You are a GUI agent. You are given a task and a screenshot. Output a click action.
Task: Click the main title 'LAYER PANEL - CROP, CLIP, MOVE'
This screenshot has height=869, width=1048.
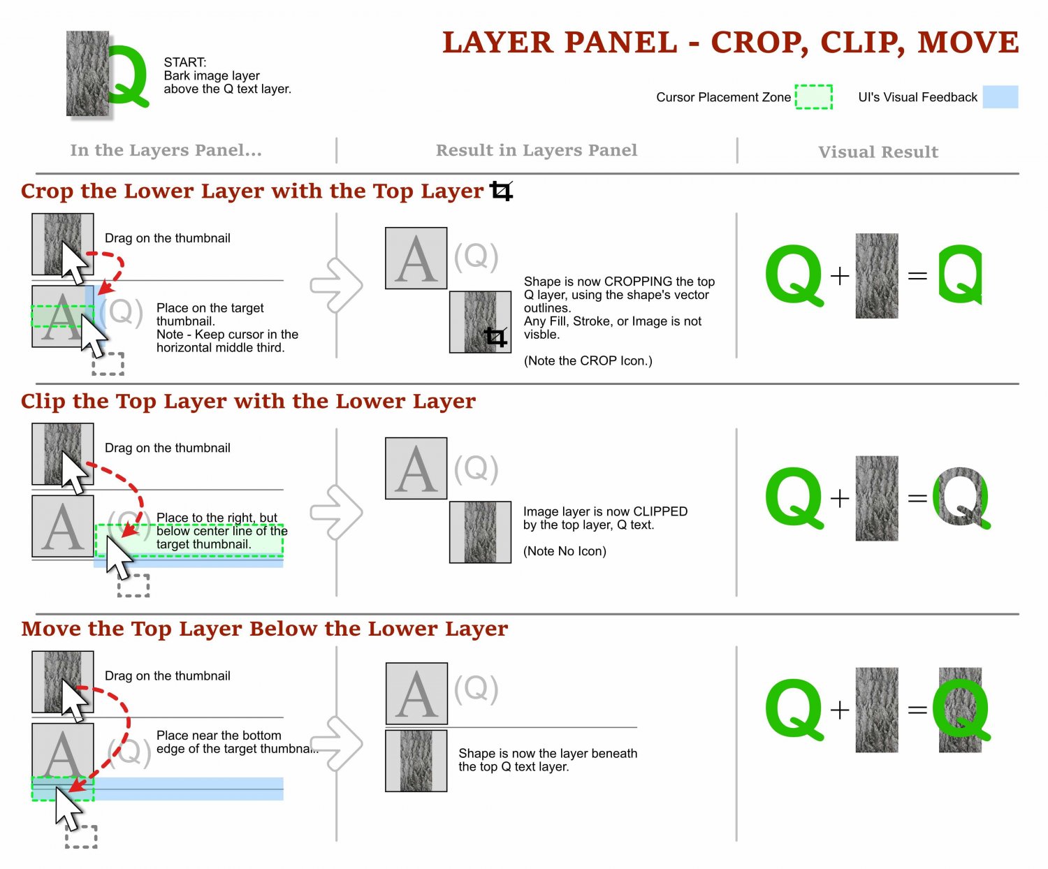(x=730, y=43)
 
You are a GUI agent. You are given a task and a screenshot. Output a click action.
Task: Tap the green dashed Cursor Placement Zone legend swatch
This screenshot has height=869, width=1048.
(x=814, y=97)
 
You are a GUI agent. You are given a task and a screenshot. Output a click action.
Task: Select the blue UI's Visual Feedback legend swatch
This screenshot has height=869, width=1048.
(x=1000, y=97)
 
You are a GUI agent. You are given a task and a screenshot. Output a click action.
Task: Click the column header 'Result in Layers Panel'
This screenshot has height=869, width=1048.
(x=537, y=150)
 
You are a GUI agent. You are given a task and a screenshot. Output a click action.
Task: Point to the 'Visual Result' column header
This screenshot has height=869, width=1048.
(x=878, y=152)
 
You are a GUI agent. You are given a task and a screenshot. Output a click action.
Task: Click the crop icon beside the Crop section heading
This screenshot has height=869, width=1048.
(x=501, y=191)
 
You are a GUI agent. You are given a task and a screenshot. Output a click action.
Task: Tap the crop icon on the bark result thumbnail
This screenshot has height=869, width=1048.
(x=495, y=337)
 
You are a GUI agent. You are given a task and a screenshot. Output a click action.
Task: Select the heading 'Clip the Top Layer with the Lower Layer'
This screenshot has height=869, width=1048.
(x=248, y=402)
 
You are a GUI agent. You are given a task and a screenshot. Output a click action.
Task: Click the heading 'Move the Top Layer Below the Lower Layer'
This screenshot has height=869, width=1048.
(x=264, y=629)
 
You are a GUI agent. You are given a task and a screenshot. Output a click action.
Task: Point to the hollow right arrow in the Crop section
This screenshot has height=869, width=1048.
(x=337, y=285)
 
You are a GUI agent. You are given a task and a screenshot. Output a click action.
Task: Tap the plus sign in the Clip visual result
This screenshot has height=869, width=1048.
(x=840, y=498)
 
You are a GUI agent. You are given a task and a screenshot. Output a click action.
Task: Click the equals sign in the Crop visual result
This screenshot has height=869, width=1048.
(x=917, y=277)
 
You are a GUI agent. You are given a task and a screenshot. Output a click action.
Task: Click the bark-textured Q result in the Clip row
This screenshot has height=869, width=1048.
(x=961, y=498)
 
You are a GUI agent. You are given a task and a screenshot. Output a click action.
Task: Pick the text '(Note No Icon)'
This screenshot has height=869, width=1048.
(x=565, y=551)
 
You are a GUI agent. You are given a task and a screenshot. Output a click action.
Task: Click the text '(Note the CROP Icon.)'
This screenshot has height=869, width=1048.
(x=588, y=361)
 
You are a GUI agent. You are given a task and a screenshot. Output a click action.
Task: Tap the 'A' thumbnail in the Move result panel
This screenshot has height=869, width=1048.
(x=416, y=694)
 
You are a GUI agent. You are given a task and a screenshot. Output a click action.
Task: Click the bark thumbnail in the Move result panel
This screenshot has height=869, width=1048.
(x=416, y=761)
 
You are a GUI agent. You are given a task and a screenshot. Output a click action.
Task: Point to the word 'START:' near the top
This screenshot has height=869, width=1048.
(x=185, y=62)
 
